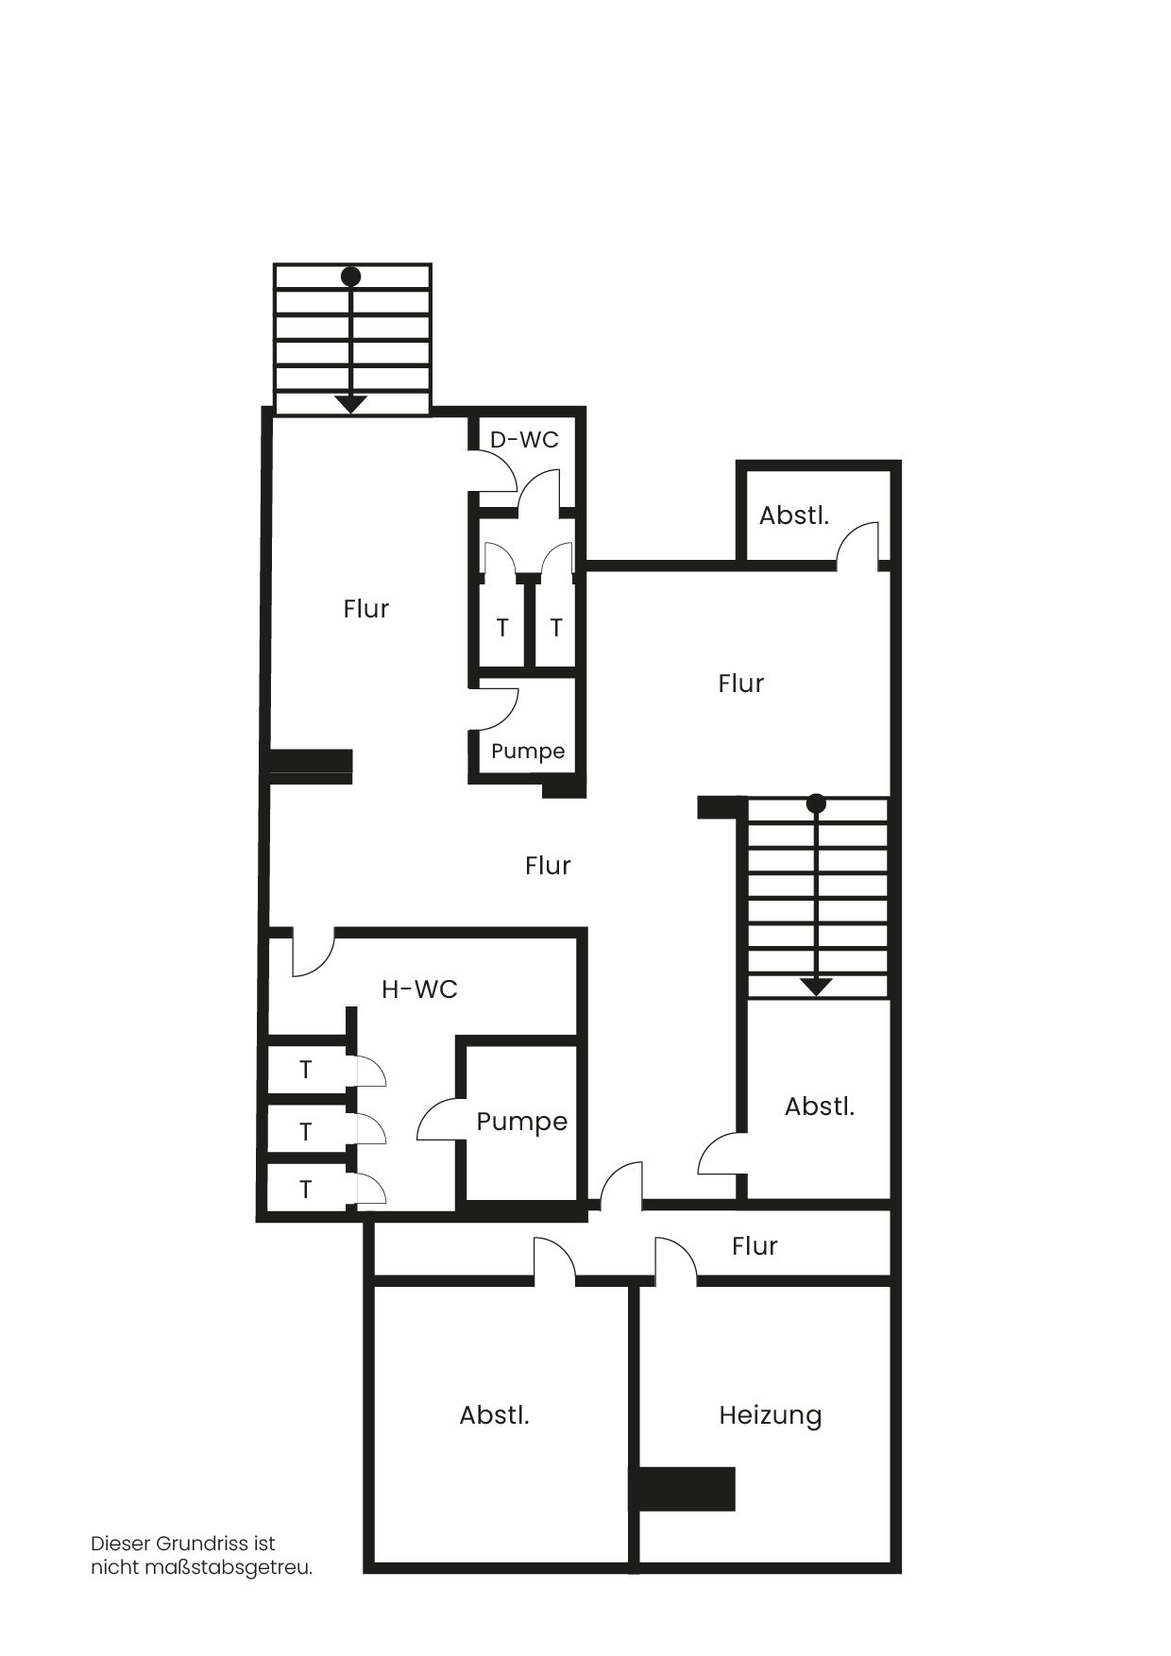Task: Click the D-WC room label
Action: coord(524,440)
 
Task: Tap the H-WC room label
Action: coord(419,989)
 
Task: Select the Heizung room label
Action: coord(771,1416)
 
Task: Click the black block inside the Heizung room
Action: coord(683,1489)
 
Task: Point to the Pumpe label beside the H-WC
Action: coord(522,1123)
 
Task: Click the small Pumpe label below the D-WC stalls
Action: coord(528,752)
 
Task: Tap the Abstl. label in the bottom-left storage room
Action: coord(494,1416)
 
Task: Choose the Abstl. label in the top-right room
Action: coord(794,516)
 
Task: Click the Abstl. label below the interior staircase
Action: coord(820,1107)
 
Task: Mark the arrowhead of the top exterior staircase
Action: coord(351,404)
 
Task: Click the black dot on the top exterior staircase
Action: coord(351,277)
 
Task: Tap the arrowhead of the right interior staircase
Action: coord(817,987)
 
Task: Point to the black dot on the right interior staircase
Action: coord(817,803)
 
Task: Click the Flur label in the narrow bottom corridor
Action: coord(755,1246)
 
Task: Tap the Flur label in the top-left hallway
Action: coord(366,609)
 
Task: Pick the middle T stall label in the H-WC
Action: coord(305,1131)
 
